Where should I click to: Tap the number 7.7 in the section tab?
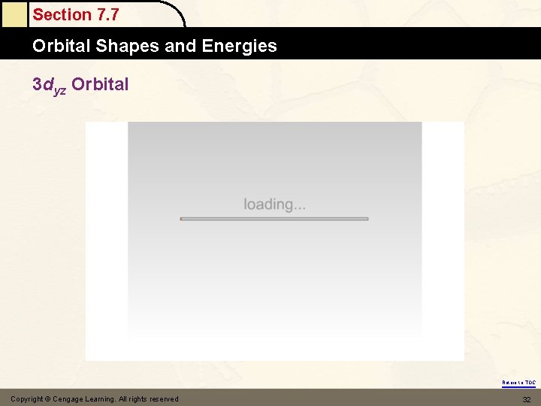click(x=104, y=14)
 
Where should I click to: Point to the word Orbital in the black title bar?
click(x=62, y=46)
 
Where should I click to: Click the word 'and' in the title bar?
click(x=180, y=46)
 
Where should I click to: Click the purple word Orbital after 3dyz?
click(x=100, y=84)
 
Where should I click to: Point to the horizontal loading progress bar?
click(x=274, y=219)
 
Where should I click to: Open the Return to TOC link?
click(x=518, y=383)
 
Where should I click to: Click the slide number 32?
click(x=525, y=398)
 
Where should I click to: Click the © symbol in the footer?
click(x=47, y=398)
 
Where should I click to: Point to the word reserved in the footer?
click(x=164, y=398)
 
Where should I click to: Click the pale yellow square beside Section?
click(x=13, y=14)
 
